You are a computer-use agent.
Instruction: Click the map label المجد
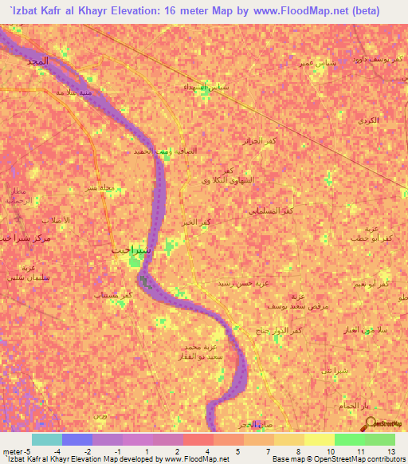click(37, 61)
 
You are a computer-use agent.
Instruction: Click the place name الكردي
click(369, 120)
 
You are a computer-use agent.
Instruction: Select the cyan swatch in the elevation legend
click(47, 439)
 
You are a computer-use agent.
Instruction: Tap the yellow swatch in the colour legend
click(320, 439)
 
